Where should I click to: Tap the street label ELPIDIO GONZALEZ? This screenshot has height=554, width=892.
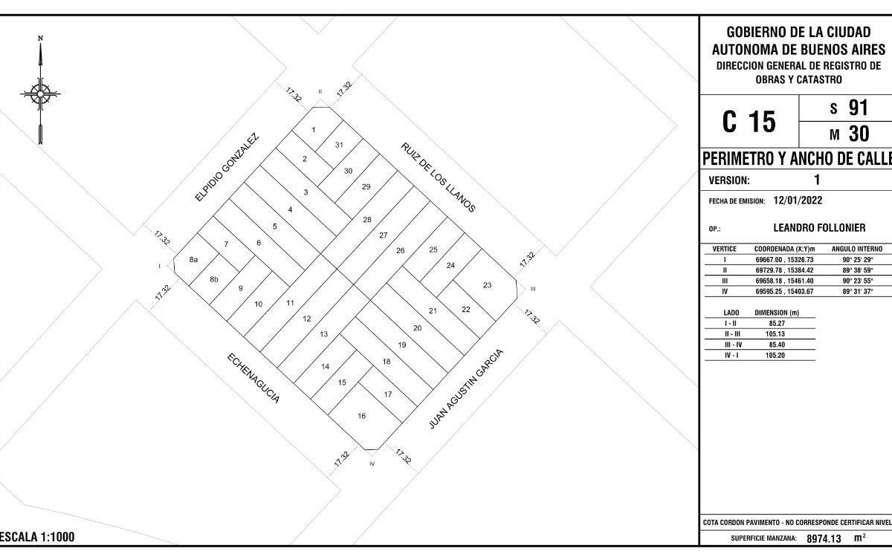227,167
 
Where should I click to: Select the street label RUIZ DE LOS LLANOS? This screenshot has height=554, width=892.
438,177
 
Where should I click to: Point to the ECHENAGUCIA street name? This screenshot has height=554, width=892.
253,378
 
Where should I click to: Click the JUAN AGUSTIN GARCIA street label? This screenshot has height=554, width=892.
465,389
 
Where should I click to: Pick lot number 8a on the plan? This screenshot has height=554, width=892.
193,260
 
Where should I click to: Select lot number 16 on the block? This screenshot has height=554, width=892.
361,416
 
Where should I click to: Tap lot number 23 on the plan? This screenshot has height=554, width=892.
487,285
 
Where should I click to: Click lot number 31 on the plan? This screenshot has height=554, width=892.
339,145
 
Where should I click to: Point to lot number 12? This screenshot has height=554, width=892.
306,319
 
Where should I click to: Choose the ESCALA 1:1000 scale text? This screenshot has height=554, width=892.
37,537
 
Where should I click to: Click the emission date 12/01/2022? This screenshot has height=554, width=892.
798,200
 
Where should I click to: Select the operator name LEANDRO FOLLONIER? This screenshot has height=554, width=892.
819,228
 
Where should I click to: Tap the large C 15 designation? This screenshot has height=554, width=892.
749,121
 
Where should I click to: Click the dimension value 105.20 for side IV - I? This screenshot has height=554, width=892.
775,356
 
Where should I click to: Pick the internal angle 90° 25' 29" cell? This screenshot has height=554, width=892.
857,260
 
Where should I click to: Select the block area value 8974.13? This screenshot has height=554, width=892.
824,538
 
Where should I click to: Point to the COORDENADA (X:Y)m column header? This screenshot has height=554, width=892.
784,249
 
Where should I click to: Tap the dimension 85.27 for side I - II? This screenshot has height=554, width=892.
777,323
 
